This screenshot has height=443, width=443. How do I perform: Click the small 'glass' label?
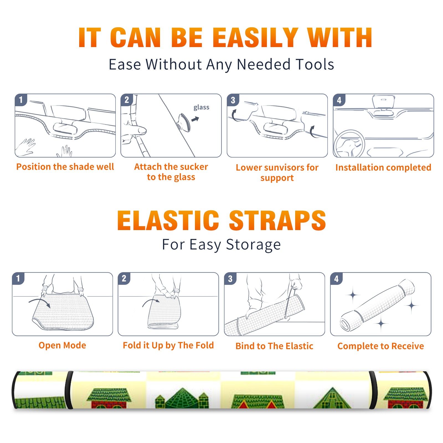[201, 107]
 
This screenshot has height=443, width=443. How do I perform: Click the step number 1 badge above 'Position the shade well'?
[21, 100]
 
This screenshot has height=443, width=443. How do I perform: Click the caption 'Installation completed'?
[383, 168]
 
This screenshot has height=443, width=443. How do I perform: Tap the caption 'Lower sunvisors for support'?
[277, 172]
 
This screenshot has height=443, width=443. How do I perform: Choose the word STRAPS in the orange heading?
[277, 220]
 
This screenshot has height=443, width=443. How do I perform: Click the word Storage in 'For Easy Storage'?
[253, 245]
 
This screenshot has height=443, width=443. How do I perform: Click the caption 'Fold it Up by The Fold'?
[168, 346]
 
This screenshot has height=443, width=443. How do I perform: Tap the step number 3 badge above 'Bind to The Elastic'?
[230, 279]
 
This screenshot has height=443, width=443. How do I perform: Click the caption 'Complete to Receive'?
[381, 346]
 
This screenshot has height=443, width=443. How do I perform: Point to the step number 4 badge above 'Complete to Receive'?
[337, 279]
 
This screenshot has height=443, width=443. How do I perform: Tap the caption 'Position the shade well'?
[65, 167]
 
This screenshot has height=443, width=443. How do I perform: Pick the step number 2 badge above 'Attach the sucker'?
[127, 100]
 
